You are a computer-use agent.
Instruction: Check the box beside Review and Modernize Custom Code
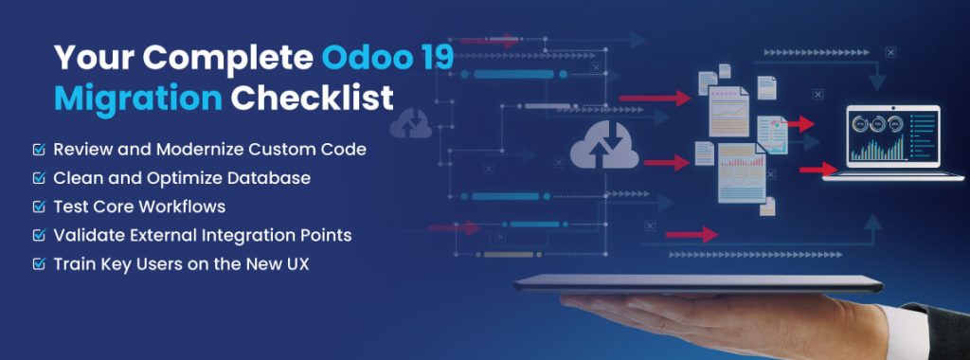tap(39, 150)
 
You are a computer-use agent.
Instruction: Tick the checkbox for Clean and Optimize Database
tap(39, 178)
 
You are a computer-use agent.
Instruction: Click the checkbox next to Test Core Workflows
tap(39, 206)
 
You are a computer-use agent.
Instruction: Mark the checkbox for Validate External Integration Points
tap(39, 234)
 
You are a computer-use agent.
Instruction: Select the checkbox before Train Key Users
tap(39, 262)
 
